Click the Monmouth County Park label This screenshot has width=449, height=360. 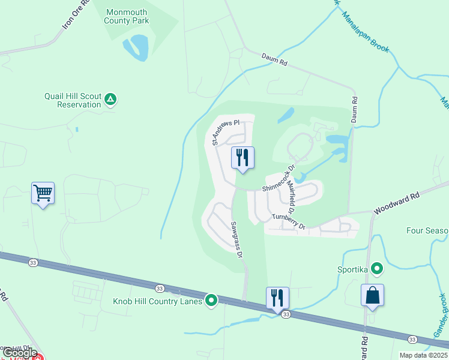pos(127,16)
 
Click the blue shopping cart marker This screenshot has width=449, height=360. pos(43,193)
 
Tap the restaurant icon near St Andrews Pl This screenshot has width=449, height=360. pos(243,158)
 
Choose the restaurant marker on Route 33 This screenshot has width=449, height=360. pos(277,298)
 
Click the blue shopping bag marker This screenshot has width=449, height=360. pos(372,295)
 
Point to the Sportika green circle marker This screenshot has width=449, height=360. pos(376,268)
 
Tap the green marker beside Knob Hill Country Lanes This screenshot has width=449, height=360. pos(211,300)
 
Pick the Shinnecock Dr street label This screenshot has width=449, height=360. pos(279,179)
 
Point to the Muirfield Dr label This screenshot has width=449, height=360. pos(289,197)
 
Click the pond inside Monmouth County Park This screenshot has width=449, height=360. pos(137,47)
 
